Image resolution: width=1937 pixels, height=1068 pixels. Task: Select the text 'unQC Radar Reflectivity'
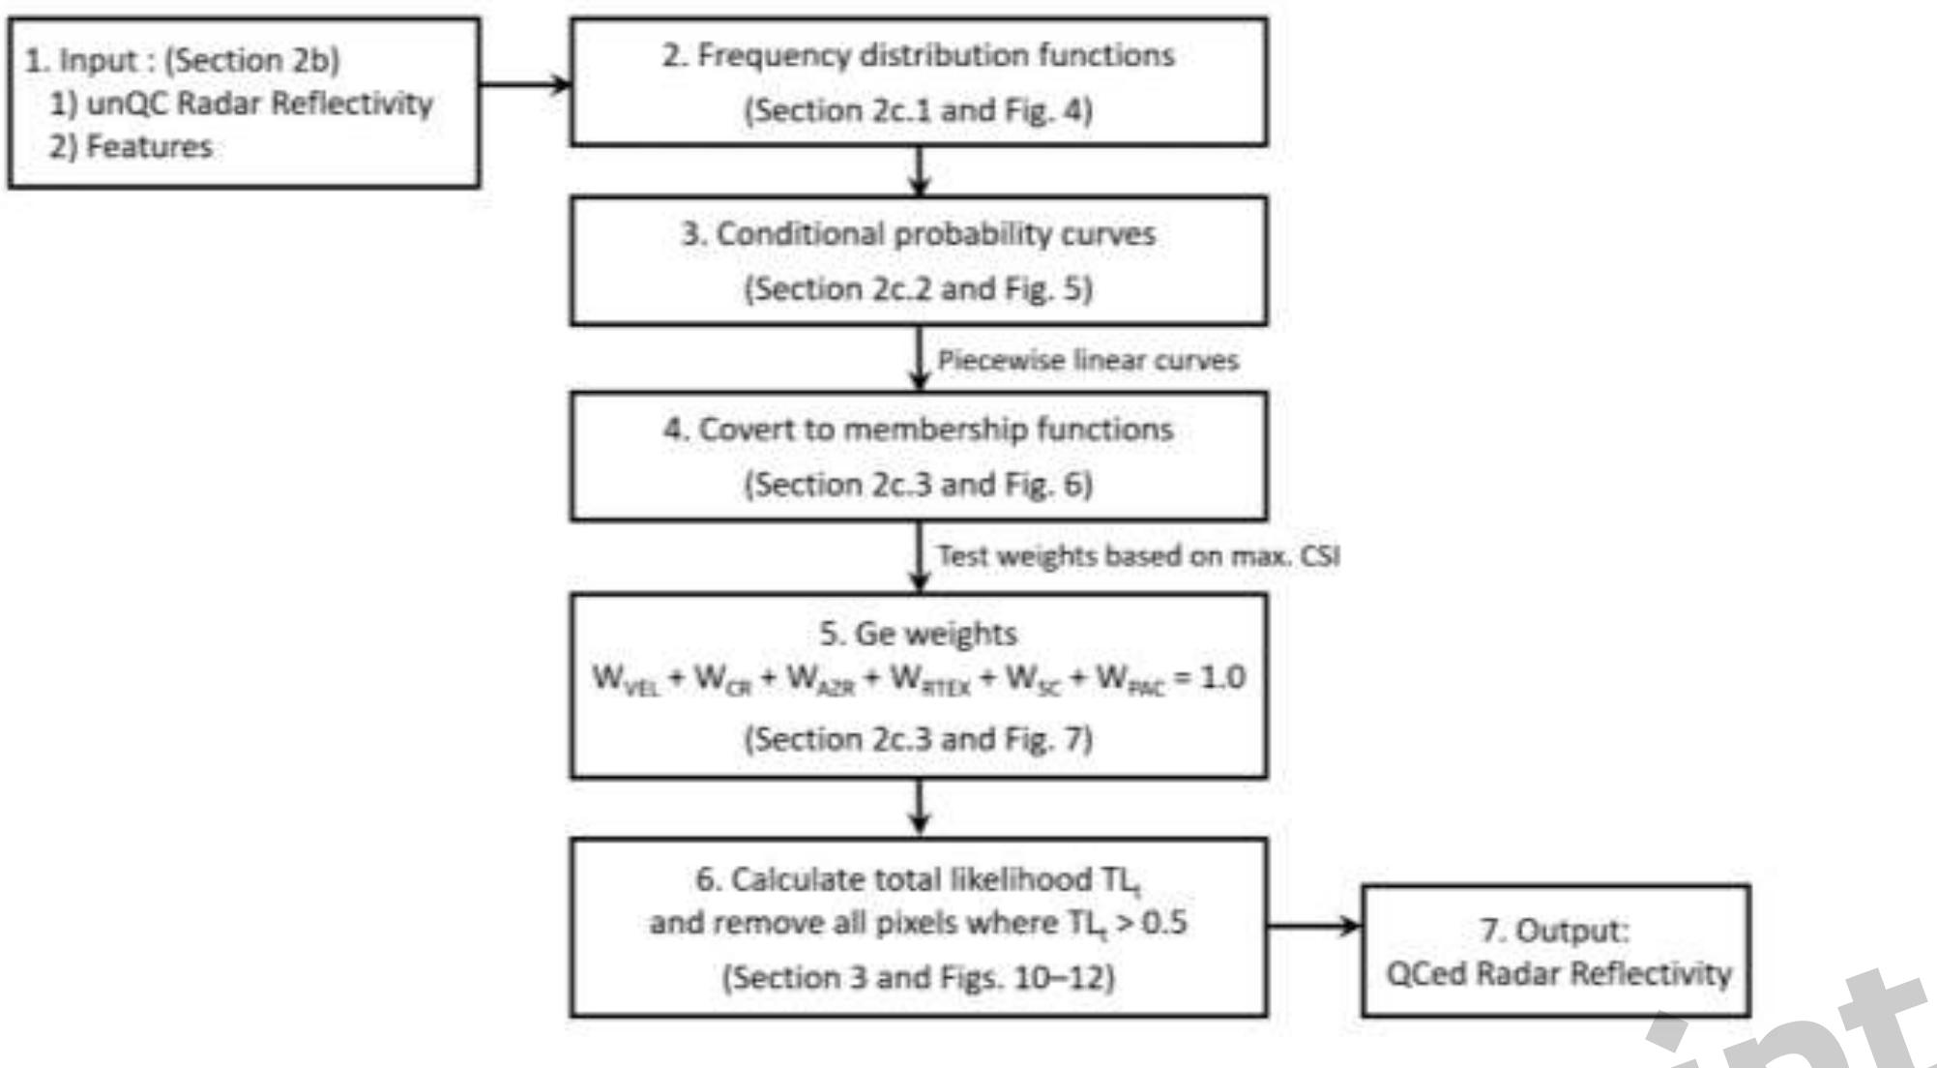coord(259,103)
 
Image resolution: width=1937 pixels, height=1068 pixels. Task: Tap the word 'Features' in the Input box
coord(149,146)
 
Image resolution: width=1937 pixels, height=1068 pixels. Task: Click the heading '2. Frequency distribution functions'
coord(918,55)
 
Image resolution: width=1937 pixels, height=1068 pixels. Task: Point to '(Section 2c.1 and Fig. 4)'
coord(918,110)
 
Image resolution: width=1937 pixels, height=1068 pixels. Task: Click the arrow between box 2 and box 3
coord(919,171)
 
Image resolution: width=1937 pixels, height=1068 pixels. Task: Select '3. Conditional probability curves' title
coord(918,234)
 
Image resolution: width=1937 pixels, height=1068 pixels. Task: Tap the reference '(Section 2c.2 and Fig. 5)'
coord(918,288)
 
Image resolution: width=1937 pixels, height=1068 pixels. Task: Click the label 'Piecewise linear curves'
coord(1087,361)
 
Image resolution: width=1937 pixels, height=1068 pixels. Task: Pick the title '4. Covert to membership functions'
coord(918,429)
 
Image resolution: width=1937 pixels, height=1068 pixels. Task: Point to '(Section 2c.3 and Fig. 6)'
coord(918,484)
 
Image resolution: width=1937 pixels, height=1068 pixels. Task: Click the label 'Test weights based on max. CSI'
coord(1137,556)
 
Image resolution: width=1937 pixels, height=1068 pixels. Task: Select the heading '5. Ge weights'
coord(918,634)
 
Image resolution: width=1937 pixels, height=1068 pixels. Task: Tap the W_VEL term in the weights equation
coord(625,679)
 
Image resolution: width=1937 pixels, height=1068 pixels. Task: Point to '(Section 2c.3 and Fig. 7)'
coord(918,739)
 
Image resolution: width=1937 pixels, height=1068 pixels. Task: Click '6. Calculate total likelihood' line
coord(918,880)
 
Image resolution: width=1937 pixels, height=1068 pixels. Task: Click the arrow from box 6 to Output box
coord(1313,926)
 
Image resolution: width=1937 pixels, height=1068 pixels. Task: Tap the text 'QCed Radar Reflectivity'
coord(1558,973)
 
